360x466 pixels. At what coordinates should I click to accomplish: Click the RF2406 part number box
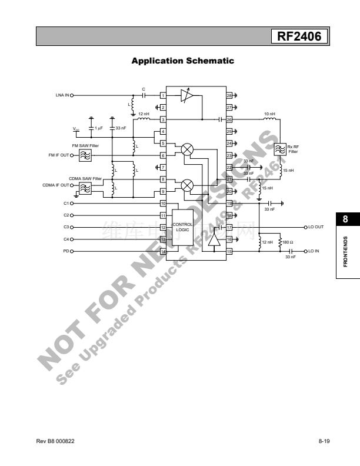point(299,37)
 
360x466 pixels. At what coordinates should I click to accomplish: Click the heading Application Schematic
point(182,61)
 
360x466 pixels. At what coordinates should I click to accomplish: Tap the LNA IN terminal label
point(62,95)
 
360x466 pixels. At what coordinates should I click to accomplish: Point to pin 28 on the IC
point(229,95)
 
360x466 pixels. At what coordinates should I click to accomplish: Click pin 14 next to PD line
point(163,251)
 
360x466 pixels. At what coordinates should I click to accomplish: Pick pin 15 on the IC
point(229,251)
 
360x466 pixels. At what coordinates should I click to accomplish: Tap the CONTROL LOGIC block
point(182,227)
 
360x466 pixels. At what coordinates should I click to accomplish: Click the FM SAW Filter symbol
point(85,155)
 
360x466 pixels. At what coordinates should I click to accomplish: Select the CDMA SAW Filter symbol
point(85,188)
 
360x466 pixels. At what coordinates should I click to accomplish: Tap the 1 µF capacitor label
point(99,128)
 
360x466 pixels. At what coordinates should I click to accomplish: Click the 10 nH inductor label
point(269,114)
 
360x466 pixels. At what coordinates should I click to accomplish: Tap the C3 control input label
point(66,227)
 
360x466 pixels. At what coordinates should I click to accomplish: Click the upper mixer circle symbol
point(187,149)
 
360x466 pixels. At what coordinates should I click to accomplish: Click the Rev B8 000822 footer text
point(55,441)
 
